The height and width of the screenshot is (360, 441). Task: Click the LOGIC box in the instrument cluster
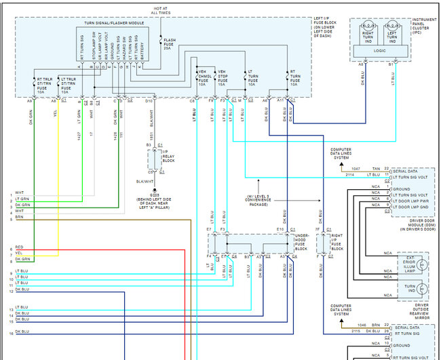pyautogui.click(x=381, y=51)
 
